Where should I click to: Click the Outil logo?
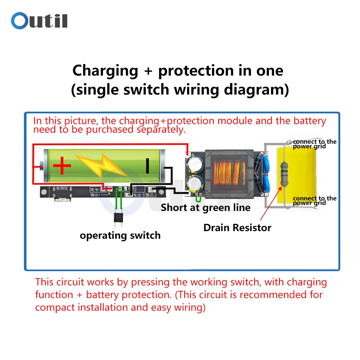(39, 21)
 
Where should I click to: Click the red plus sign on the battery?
(62, 166)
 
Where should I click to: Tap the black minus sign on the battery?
(147, 166)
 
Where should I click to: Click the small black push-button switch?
(118, 217)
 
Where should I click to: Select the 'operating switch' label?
(120, 236)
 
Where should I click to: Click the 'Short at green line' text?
(205, 208)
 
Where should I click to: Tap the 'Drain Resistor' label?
(237, 228)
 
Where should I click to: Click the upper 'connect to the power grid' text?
(314, 144)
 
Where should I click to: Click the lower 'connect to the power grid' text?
(314, 201)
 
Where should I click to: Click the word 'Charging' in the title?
(105, 71)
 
